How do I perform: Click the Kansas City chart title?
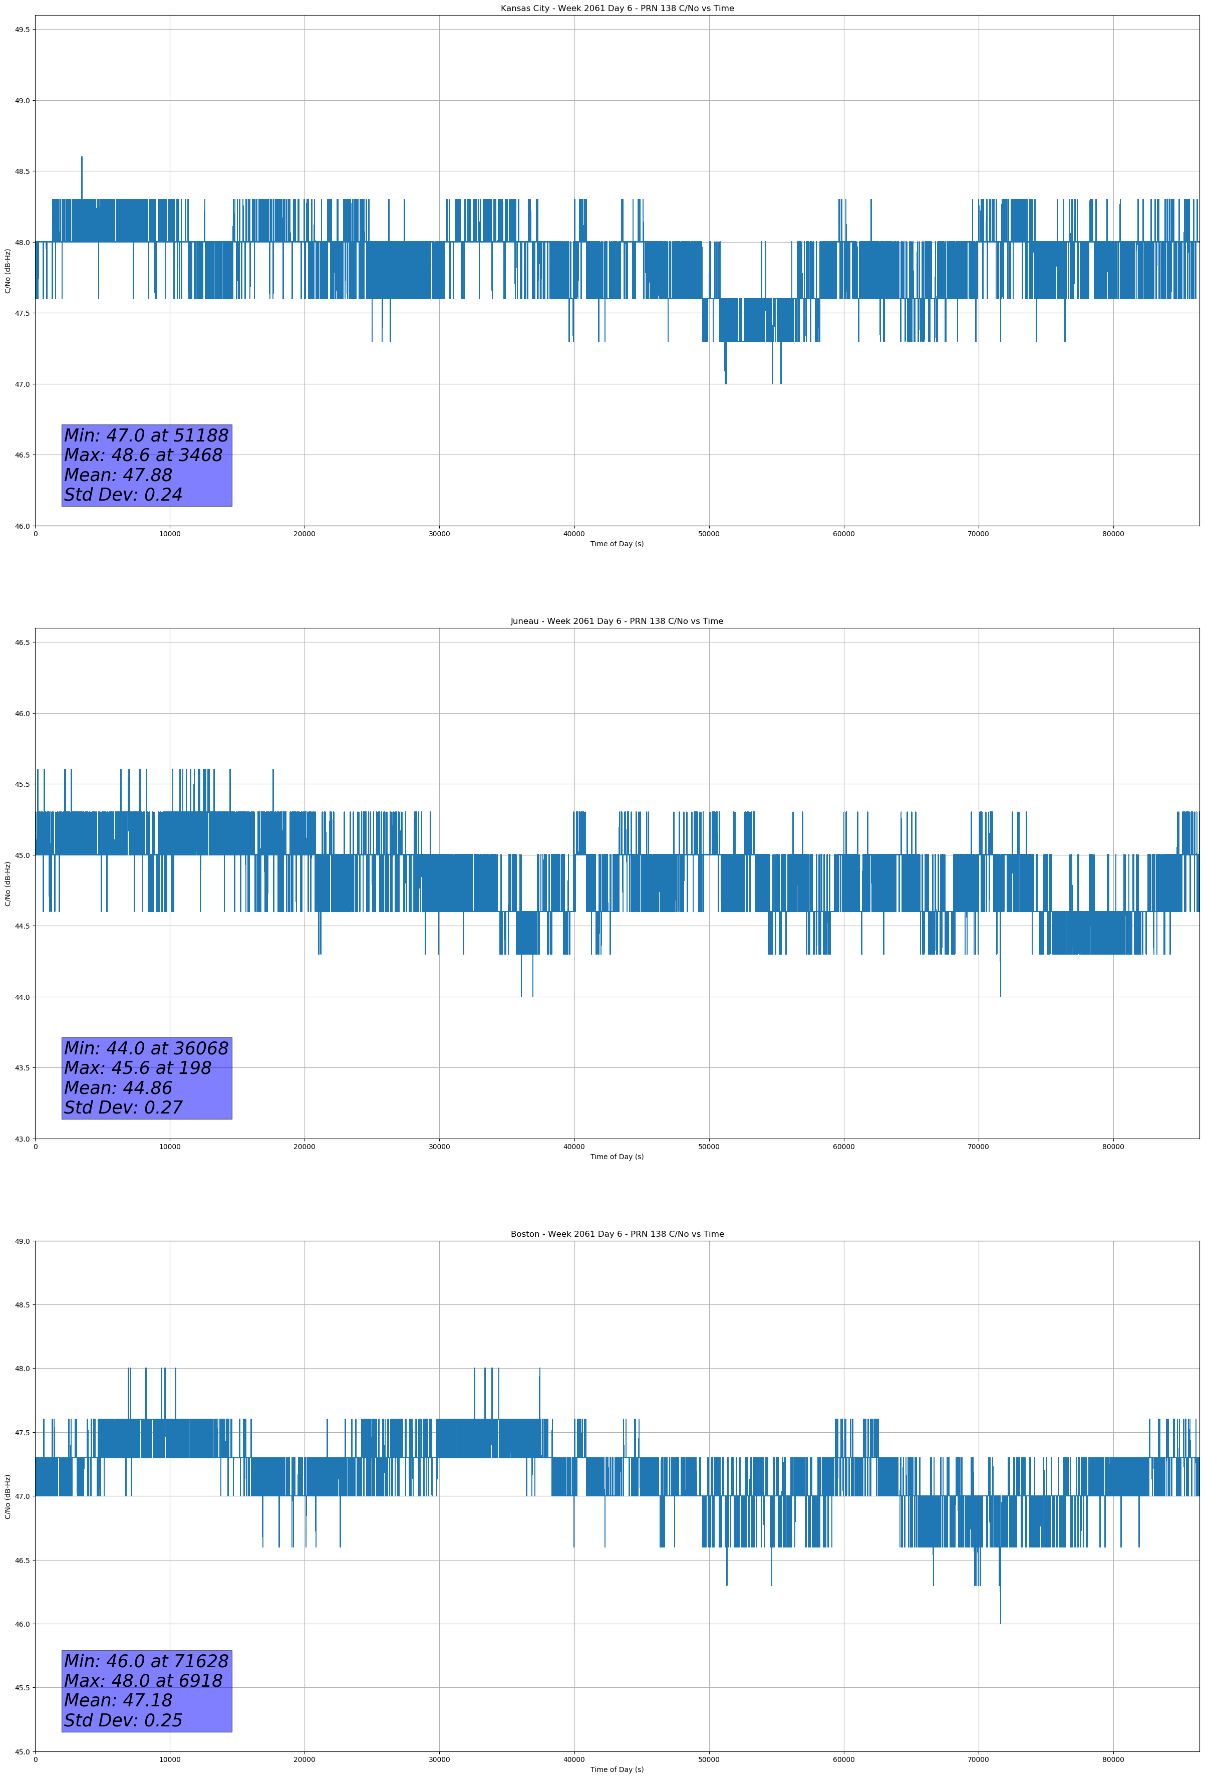[x=617, y=9]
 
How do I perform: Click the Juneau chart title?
[x=617, y=621]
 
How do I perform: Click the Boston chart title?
[x=617, y=1234]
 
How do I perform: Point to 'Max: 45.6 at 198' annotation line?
[x=138, y=1068]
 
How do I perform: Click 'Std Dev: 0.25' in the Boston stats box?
[x=123, y=1720]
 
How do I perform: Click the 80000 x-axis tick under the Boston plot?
[x=1113, y=1759]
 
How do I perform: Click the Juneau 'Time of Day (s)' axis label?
[x=617, y=1157]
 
